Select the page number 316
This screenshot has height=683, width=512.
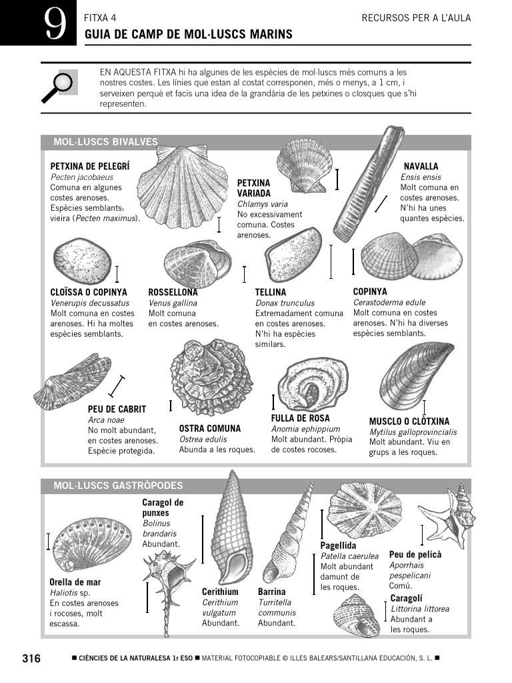point(31,659)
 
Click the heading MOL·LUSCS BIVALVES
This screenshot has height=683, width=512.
point(105,142)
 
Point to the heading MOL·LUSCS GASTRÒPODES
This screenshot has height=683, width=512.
point(118,486)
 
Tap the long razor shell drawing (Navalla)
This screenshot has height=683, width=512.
point(368,184)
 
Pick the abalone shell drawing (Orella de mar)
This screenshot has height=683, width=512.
point(91,543)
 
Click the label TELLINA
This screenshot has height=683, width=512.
point(271,292)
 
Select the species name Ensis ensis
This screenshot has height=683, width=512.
point(421,177)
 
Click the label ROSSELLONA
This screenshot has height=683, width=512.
point(173,292)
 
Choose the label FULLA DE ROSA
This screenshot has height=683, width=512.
point(300,418)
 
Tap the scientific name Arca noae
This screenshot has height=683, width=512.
point(106,420)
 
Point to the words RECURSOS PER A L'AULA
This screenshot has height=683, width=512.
point(416,18)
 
